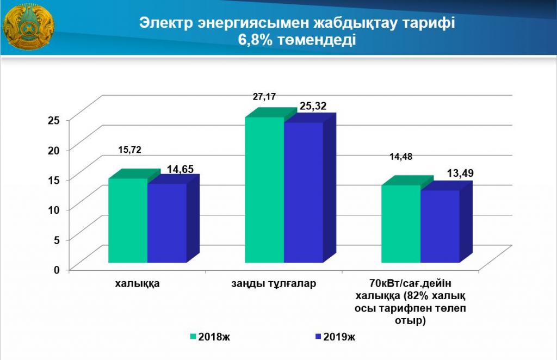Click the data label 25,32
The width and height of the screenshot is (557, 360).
(x=312, y=107)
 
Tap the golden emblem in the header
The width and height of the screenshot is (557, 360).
(x=28, y=27)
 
